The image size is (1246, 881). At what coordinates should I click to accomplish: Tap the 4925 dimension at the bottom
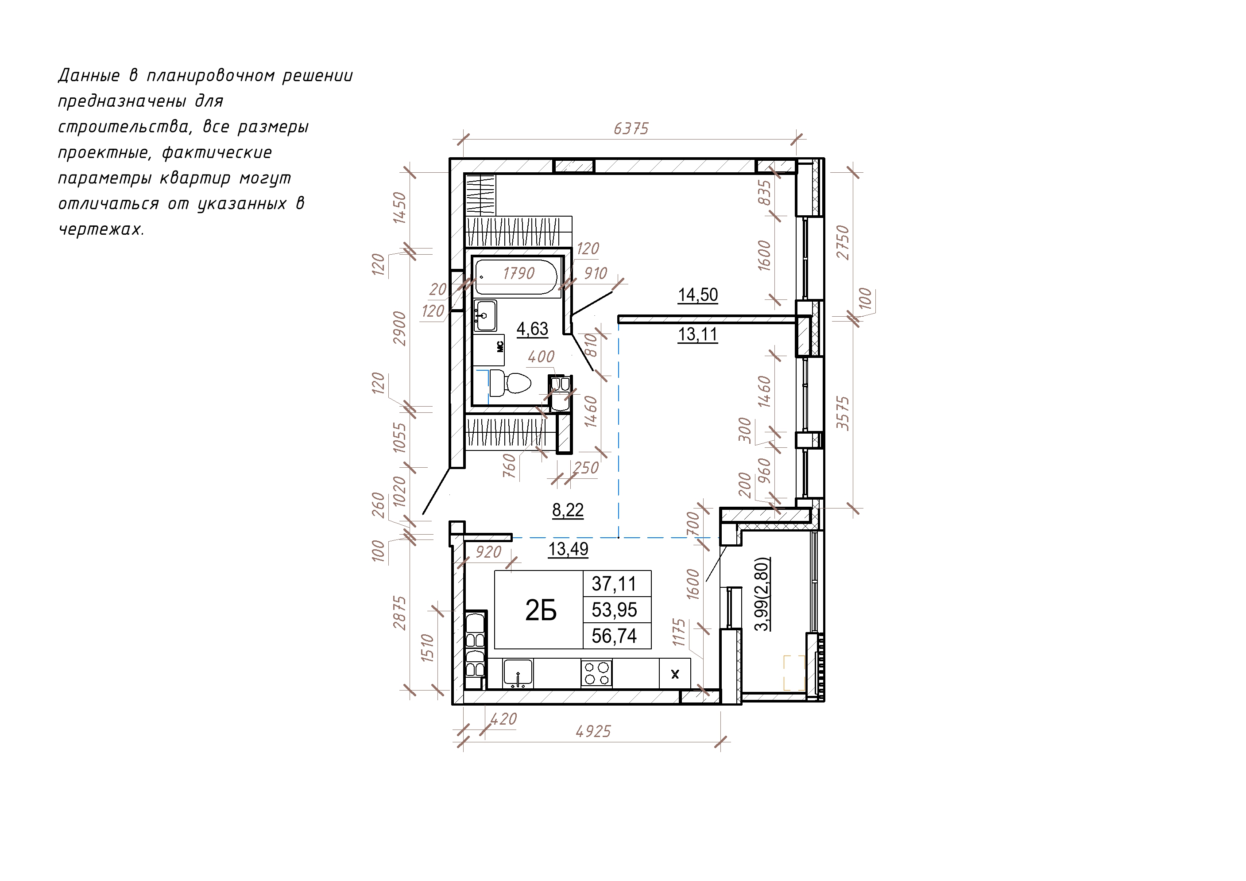tap(593, 732)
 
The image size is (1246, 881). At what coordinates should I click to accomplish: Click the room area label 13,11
tap(698, 334)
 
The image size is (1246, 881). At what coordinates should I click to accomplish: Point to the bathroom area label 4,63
tap(532, 329)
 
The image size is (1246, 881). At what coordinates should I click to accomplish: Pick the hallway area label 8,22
tap(568, 510)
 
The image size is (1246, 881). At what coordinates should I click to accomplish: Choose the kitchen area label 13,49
tap(568, 549)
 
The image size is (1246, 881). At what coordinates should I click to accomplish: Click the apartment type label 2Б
tap(541, 611)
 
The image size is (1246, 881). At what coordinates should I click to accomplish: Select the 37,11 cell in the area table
tap(614, 584)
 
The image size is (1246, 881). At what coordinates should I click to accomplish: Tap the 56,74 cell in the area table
tap(614, 636)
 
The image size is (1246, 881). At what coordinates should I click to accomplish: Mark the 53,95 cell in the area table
tap(614, 609)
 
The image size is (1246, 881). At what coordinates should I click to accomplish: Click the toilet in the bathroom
tap(510, 383)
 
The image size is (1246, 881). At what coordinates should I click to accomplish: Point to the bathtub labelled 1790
tap(516, 277)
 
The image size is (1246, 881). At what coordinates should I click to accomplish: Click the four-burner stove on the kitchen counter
tap(596, 674)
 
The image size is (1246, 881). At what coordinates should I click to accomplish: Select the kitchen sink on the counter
tap(518, 674)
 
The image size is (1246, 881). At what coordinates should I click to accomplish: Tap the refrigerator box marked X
tap(675, 674)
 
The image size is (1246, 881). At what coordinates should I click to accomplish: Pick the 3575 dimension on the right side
tap(842, 414)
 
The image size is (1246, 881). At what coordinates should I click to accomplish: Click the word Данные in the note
tap(89, 75)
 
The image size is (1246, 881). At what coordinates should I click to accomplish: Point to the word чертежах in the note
tap(101, 229)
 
